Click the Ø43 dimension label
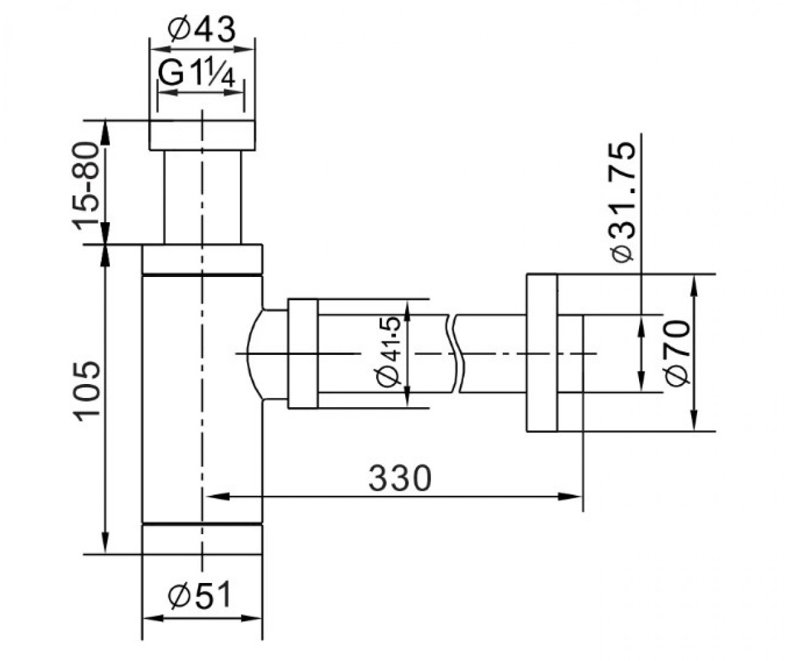click(202, 30)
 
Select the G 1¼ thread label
click(196, 73)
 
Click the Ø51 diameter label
click(200, 594)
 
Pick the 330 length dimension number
click(400, 479)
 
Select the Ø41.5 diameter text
click(389, 352)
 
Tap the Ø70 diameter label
click(677, 353)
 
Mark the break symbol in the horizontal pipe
click(455, 353)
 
